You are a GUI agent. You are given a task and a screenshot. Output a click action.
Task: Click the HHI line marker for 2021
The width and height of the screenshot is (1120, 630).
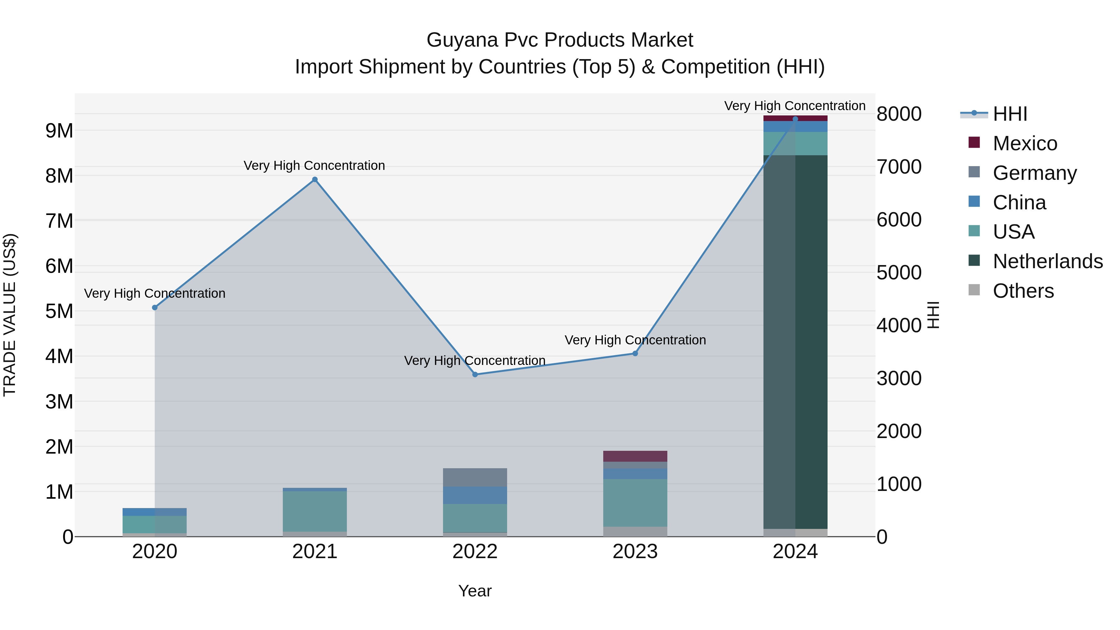[x=315, y=180]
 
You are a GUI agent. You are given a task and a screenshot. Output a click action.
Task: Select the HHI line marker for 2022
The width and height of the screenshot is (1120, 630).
[x=475, y=374]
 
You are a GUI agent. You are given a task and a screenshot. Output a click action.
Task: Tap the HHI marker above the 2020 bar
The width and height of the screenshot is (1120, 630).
[x=155, y=307]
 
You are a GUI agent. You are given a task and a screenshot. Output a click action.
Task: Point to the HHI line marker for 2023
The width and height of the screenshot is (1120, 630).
[x=635, y=353]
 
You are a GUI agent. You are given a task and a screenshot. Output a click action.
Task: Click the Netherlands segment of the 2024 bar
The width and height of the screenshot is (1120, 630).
[x=795, y=342]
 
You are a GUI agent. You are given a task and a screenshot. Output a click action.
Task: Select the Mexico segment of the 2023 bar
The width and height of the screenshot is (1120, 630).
[x=635, y=456]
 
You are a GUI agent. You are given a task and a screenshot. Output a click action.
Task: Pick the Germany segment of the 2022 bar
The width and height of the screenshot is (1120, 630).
[x=475, y=477]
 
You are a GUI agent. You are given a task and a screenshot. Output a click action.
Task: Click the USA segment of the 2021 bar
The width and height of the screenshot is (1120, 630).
[x=315, y=511]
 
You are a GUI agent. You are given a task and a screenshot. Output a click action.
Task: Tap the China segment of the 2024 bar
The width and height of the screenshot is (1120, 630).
[x=795, y=127]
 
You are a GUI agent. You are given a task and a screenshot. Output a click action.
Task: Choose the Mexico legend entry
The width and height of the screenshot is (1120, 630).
[x=1025, y=143]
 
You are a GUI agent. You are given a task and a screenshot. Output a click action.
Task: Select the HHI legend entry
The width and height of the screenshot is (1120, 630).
[x=1010, y=114]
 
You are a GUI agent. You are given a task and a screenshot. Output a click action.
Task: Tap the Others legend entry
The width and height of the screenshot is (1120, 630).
[x=1023, y=291]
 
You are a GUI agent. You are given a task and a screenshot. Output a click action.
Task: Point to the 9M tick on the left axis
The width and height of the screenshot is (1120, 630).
[x=59, y=130]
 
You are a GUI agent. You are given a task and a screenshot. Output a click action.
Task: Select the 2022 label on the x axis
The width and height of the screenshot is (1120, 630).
[x=475, y=552]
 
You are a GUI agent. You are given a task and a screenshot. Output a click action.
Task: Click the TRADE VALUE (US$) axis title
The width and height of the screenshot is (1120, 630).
[x=10, y=315]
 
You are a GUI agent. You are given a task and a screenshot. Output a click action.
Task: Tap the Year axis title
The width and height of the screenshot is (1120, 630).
[x=475, y=591]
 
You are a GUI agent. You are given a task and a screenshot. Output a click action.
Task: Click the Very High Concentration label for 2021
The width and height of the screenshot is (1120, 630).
[x=314, y=166]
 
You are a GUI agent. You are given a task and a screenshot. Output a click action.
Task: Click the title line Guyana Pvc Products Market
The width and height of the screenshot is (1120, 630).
[x=560, y=40]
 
